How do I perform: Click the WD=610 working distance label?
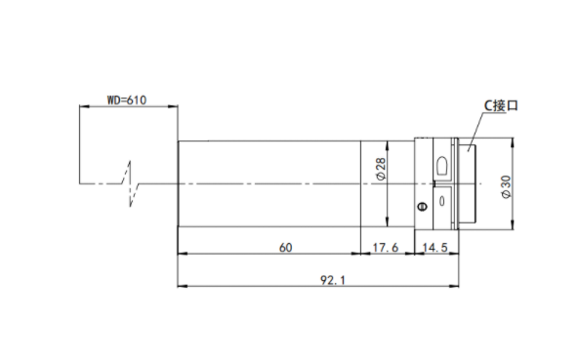pyautogui.click(x=127, y=100)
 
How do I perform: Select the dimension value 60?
pyautogui.click(x=285, y=248)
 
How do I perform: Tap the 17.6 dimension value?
pyautogui.click(x=386, y=248)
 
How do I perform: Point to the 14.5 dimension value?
pyautogui.click(x=435, y=248)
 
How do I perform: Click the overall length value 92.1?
pyautogui.click(x=333, y=280)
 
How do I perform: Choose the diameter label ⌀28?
pyautogui.click(x=381, y=169)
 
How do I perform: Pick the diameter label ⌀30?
pyautogui.click(x=507, y=187)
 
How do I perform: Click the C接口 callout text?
pyautogui.click(x=501, y=106)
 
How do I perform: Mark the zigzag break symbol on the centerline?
pyautogui.click(x=131, y=183)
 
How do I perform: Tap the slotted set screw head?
pyautogui.click(x=423, y=206)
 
